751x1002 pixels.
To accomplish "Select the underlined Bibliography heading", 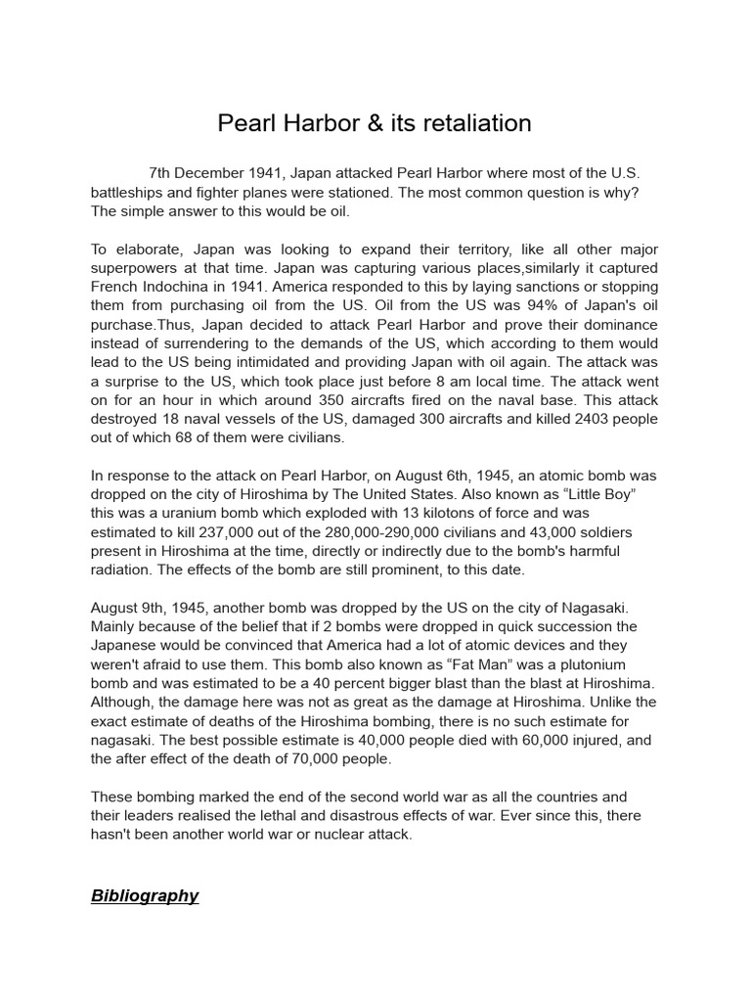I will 145,895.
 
